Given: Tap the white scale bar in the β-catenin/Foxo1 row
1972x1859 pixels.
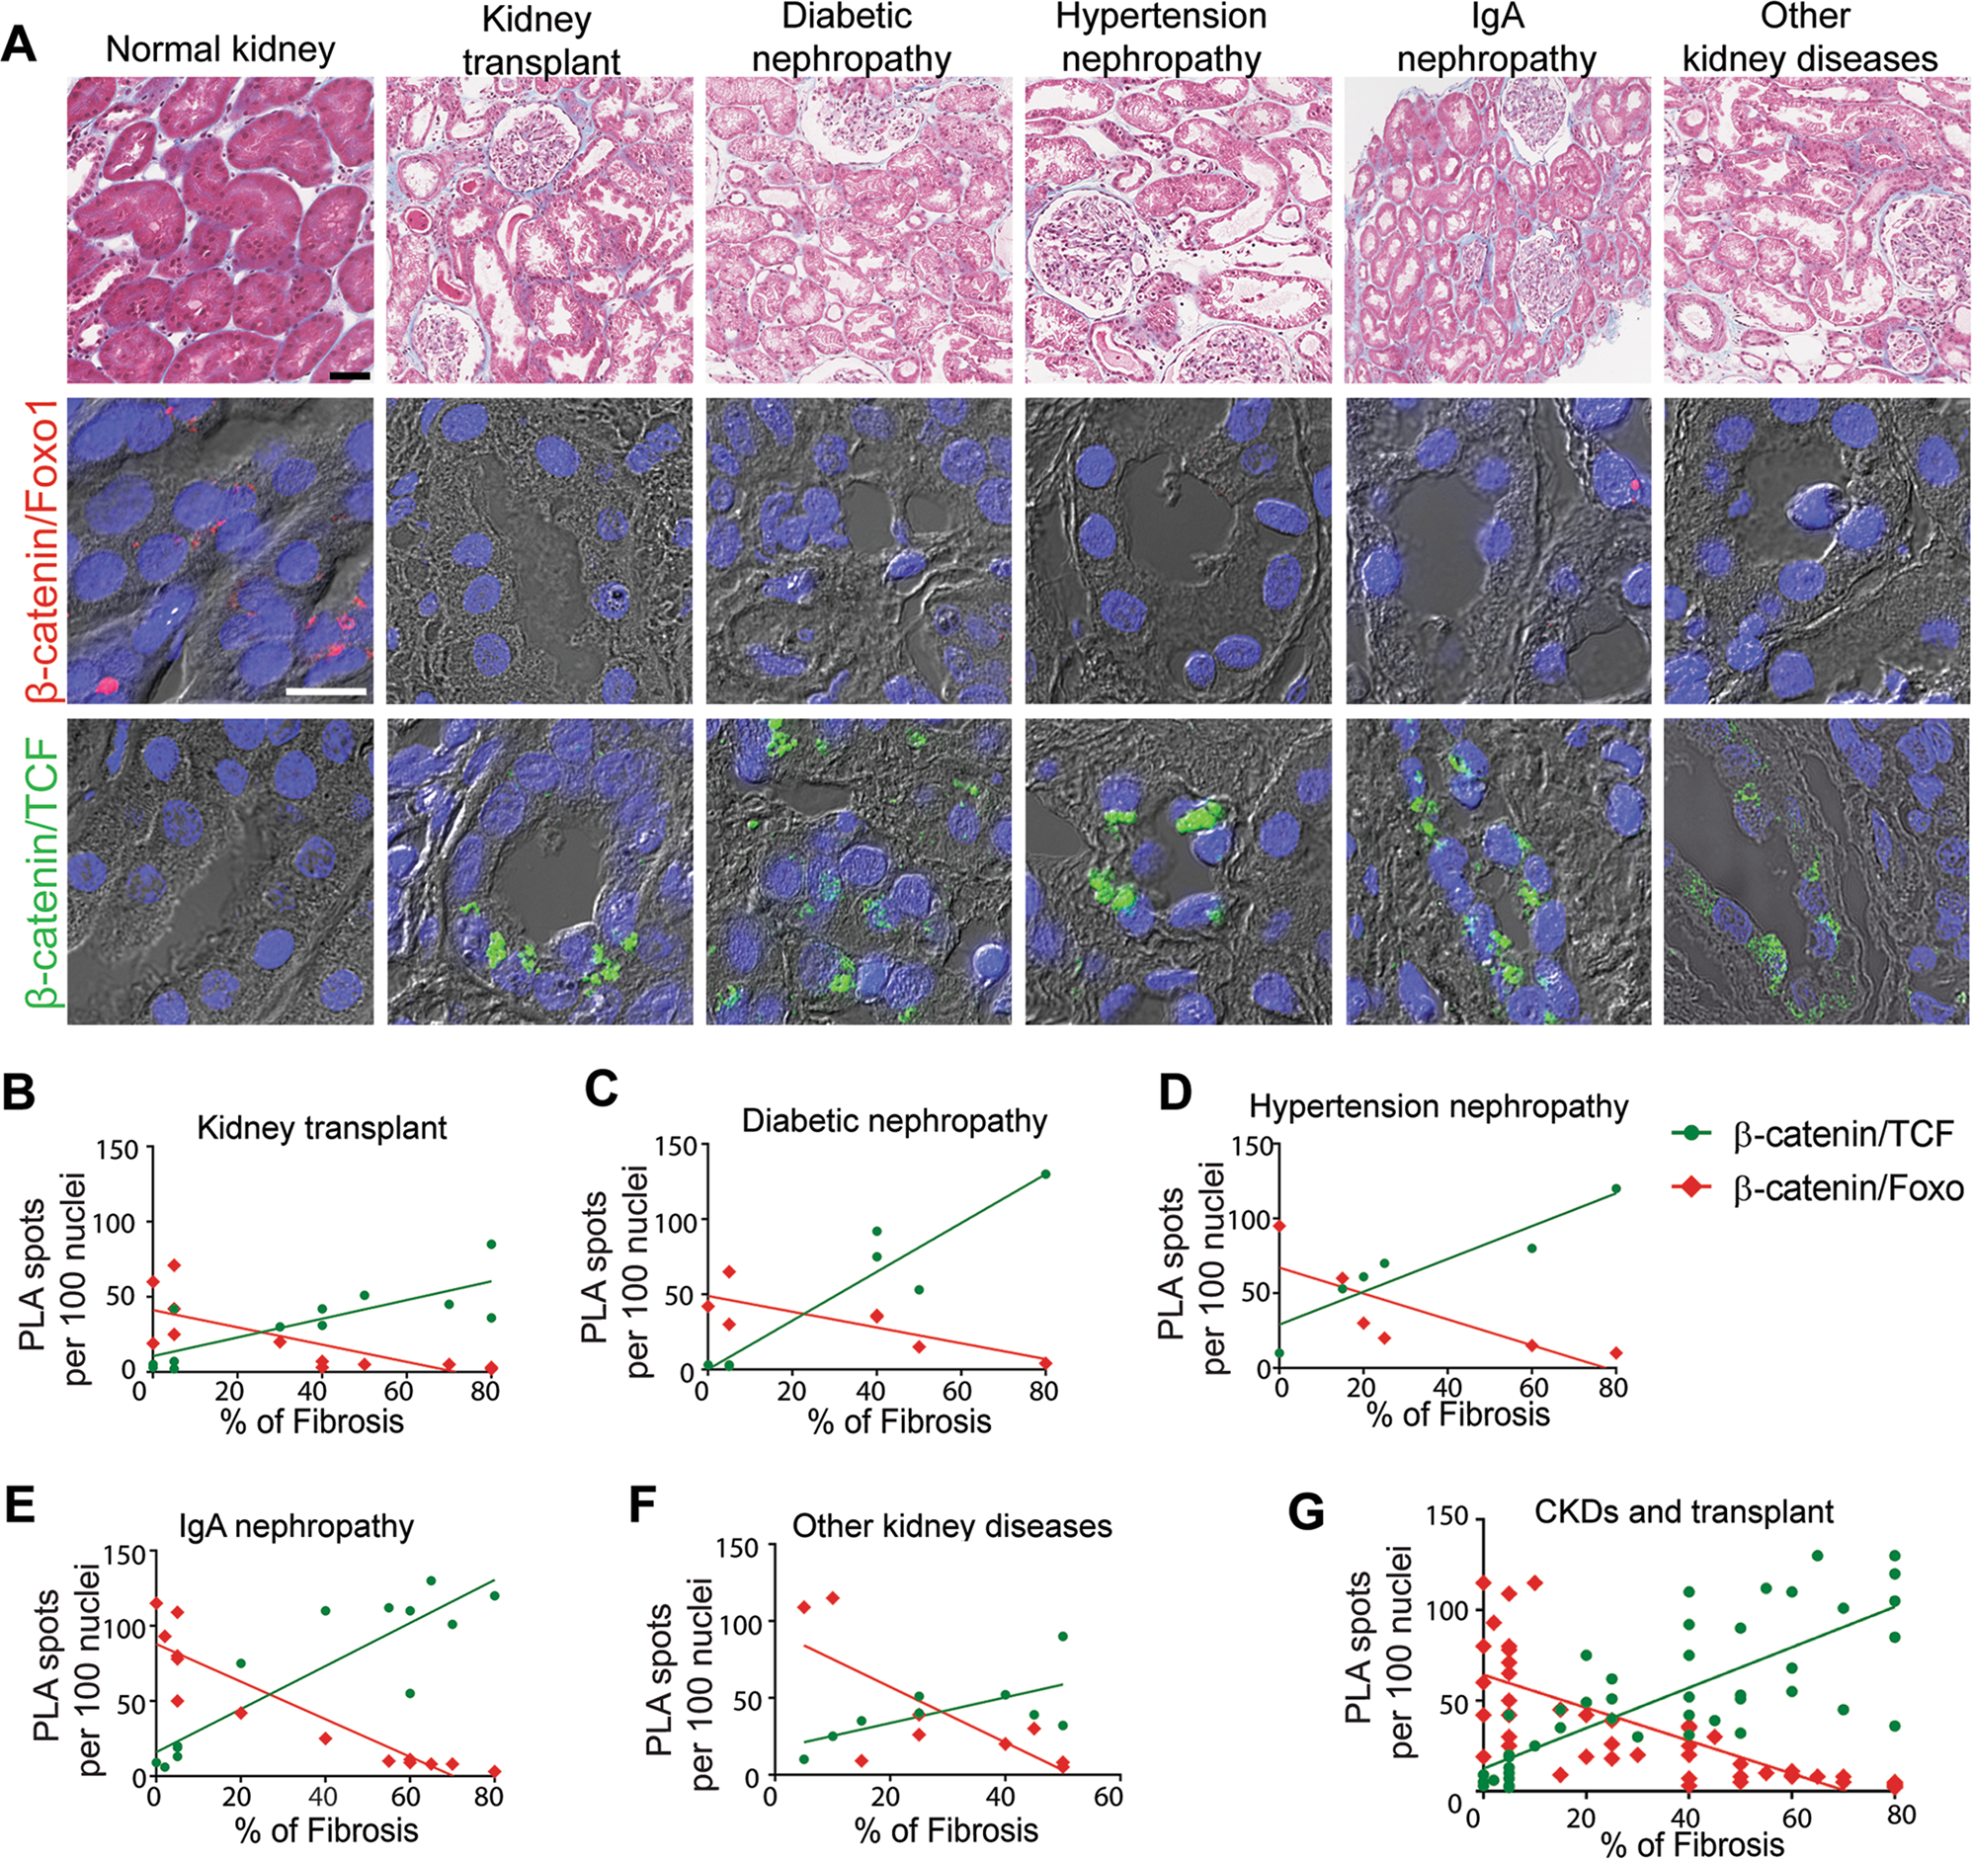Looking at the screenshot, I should (x=326, y=690).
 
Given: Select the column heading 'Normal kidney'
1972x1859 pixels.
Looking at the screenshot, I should (x=220, y=49).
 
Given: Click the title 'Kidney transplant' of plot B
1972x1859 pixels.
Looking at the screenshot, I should (x=321, y=1128).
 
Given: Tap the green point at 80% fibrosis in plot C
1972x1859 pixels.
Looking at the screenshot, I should (x=1044, y=1174).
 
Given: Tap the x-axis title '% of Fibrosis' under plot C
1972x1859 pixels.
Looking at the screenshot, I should (x=900, y=1421).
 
